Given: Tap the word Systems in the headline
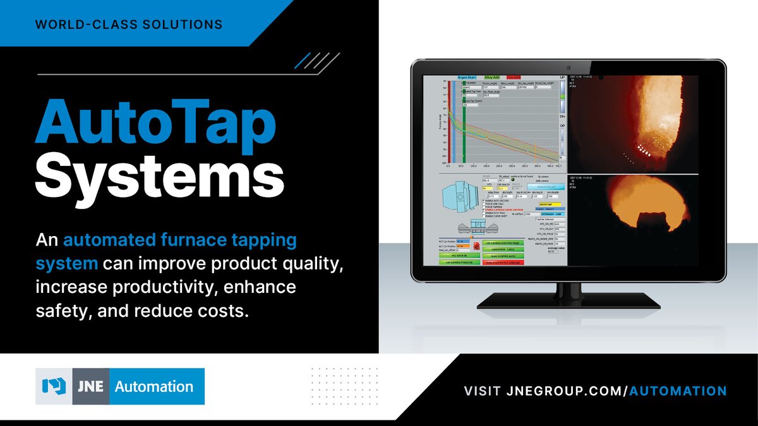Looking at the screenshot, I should point(159,177).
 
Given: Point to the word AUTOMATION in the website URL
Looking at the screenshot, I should point(679,391).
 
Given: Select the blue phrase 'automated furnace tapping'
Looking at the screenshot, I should point(180,240).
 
